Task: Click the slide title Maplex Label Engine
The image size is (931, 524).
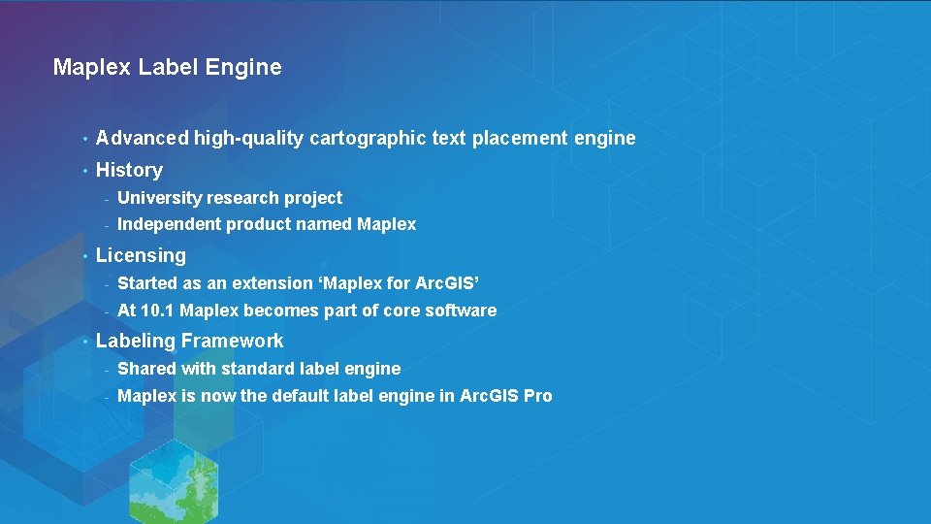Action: click(x=167, y=67)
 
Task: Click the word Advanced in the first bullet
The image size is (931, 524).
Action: click(x=143, y=138)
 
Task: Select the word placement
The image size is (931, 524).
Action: click(x=520, y=138)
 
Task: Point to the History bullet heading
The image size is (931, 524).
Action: click(x=129, y=170)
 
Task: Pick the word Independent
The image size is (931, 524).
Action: click(x=169, y=224)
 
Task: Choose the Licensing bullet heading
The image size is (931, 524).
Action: click(x=141, y=256)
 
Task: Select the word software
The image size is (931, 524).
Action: click(x=461, y=311)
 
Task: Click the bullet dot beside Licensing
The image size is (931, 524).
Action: click(x=85, y=256)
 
